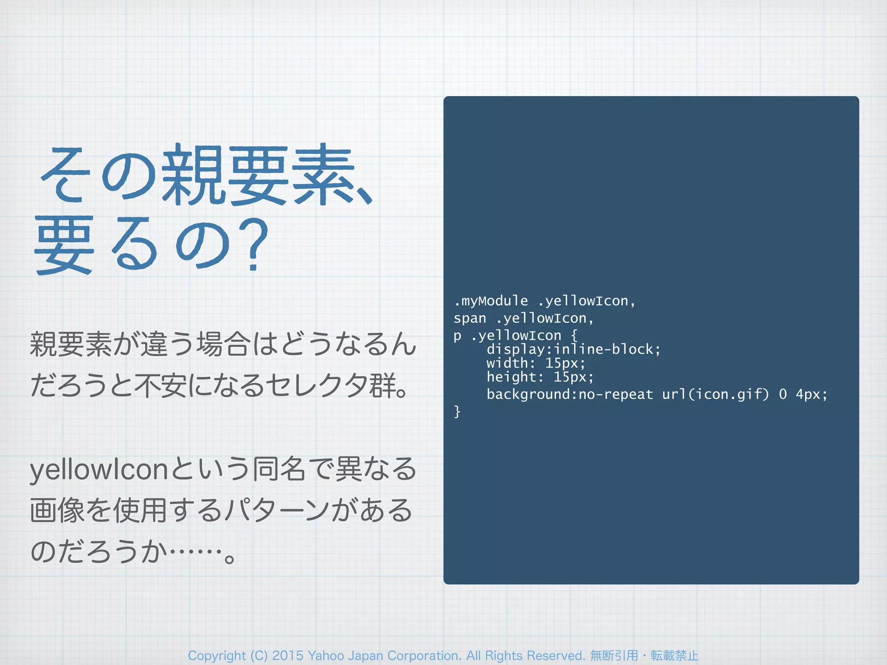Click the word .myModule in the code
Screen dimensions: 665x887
coord(491,301)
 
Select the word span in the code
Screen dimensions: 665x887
coord(470,319)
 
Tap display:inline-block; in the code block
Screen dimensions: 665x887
coord(573,349)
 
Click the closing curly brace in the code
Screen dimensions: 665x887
coord(457,411)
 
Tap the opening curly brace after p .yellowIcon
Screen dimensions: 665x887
coord(574,336)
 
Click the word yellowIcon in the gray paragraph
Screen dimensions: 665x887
coord(99,470)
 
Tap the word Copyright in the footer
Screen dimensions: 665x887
coord(217,655)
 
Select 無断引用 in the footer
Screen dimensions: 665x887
coord(614,655)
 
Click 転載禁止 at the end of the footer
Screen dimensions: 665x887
coord(674,655)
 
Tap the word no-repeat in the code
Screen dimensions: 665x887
coord(616,394)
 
